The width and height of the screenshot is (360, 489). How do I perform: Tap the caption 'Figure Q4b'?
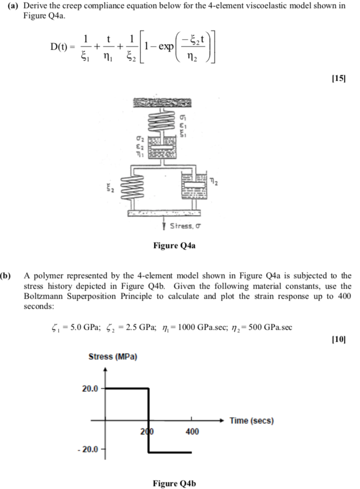(x=174, y=483)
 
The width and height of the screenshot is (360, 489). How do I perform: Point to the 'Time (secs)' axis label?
(x=252, y=421)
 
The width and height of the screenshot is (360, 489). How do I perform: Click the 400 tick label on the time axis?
(x=192, y=431)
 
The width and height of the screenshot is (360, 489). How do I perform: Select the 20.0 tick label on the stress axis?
(x=91, y=388)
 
